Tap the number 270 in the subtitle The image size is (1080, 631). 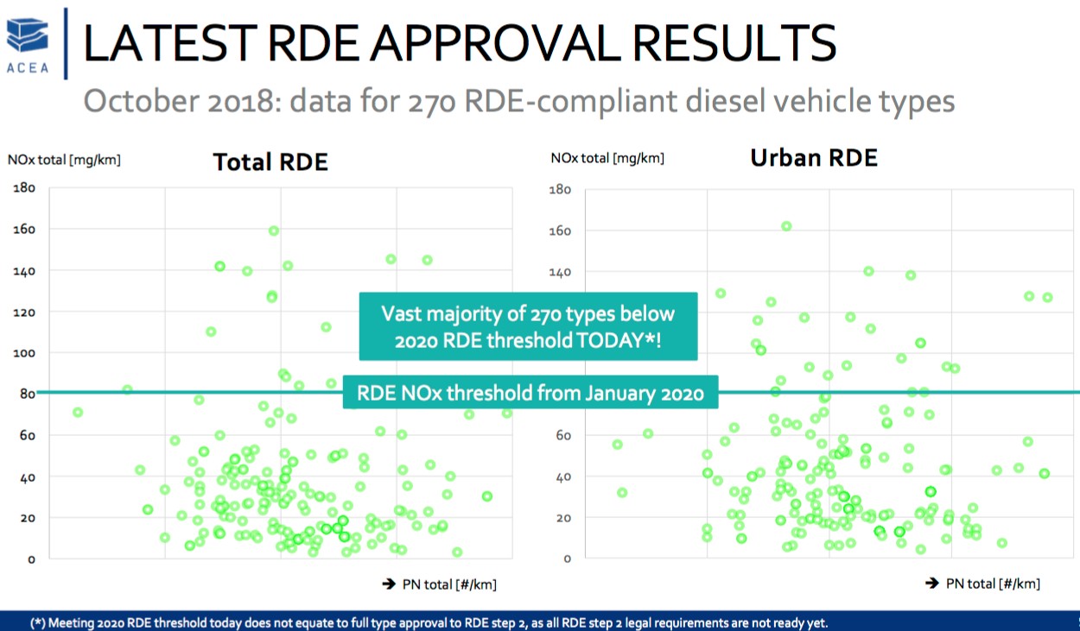click(419, 101)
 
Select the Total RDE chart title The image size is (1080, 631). click(270, 161)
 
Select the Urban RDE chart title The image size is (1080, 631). click(813, 158)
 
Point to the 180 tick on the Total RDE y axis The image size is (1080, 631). click(22, 187)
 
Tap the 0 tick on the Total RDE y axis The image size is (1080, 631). click(30, 558)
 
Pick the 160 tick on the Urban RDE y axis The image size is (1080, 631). click(561, 230)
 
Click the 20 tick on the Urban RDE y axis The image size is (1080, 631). click(564, 517)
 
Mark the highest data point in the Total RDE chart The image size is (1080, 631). click(273, 230)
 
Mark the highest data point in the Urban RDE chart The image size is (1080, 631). click(786, 226)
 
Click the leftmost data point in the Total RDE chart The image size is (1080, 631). click(78, 413)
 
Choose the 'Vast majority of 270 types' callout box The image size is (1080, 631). click(527, 326)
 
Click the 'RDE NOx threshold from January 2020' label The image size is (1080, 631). click(530, 394)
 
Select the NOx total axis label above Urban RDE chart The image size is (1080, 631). click(607, 158)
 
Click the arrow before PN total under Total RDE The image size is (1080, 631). click(389, 584)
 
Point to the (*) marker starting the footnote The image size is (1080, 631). click(38, 622)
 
